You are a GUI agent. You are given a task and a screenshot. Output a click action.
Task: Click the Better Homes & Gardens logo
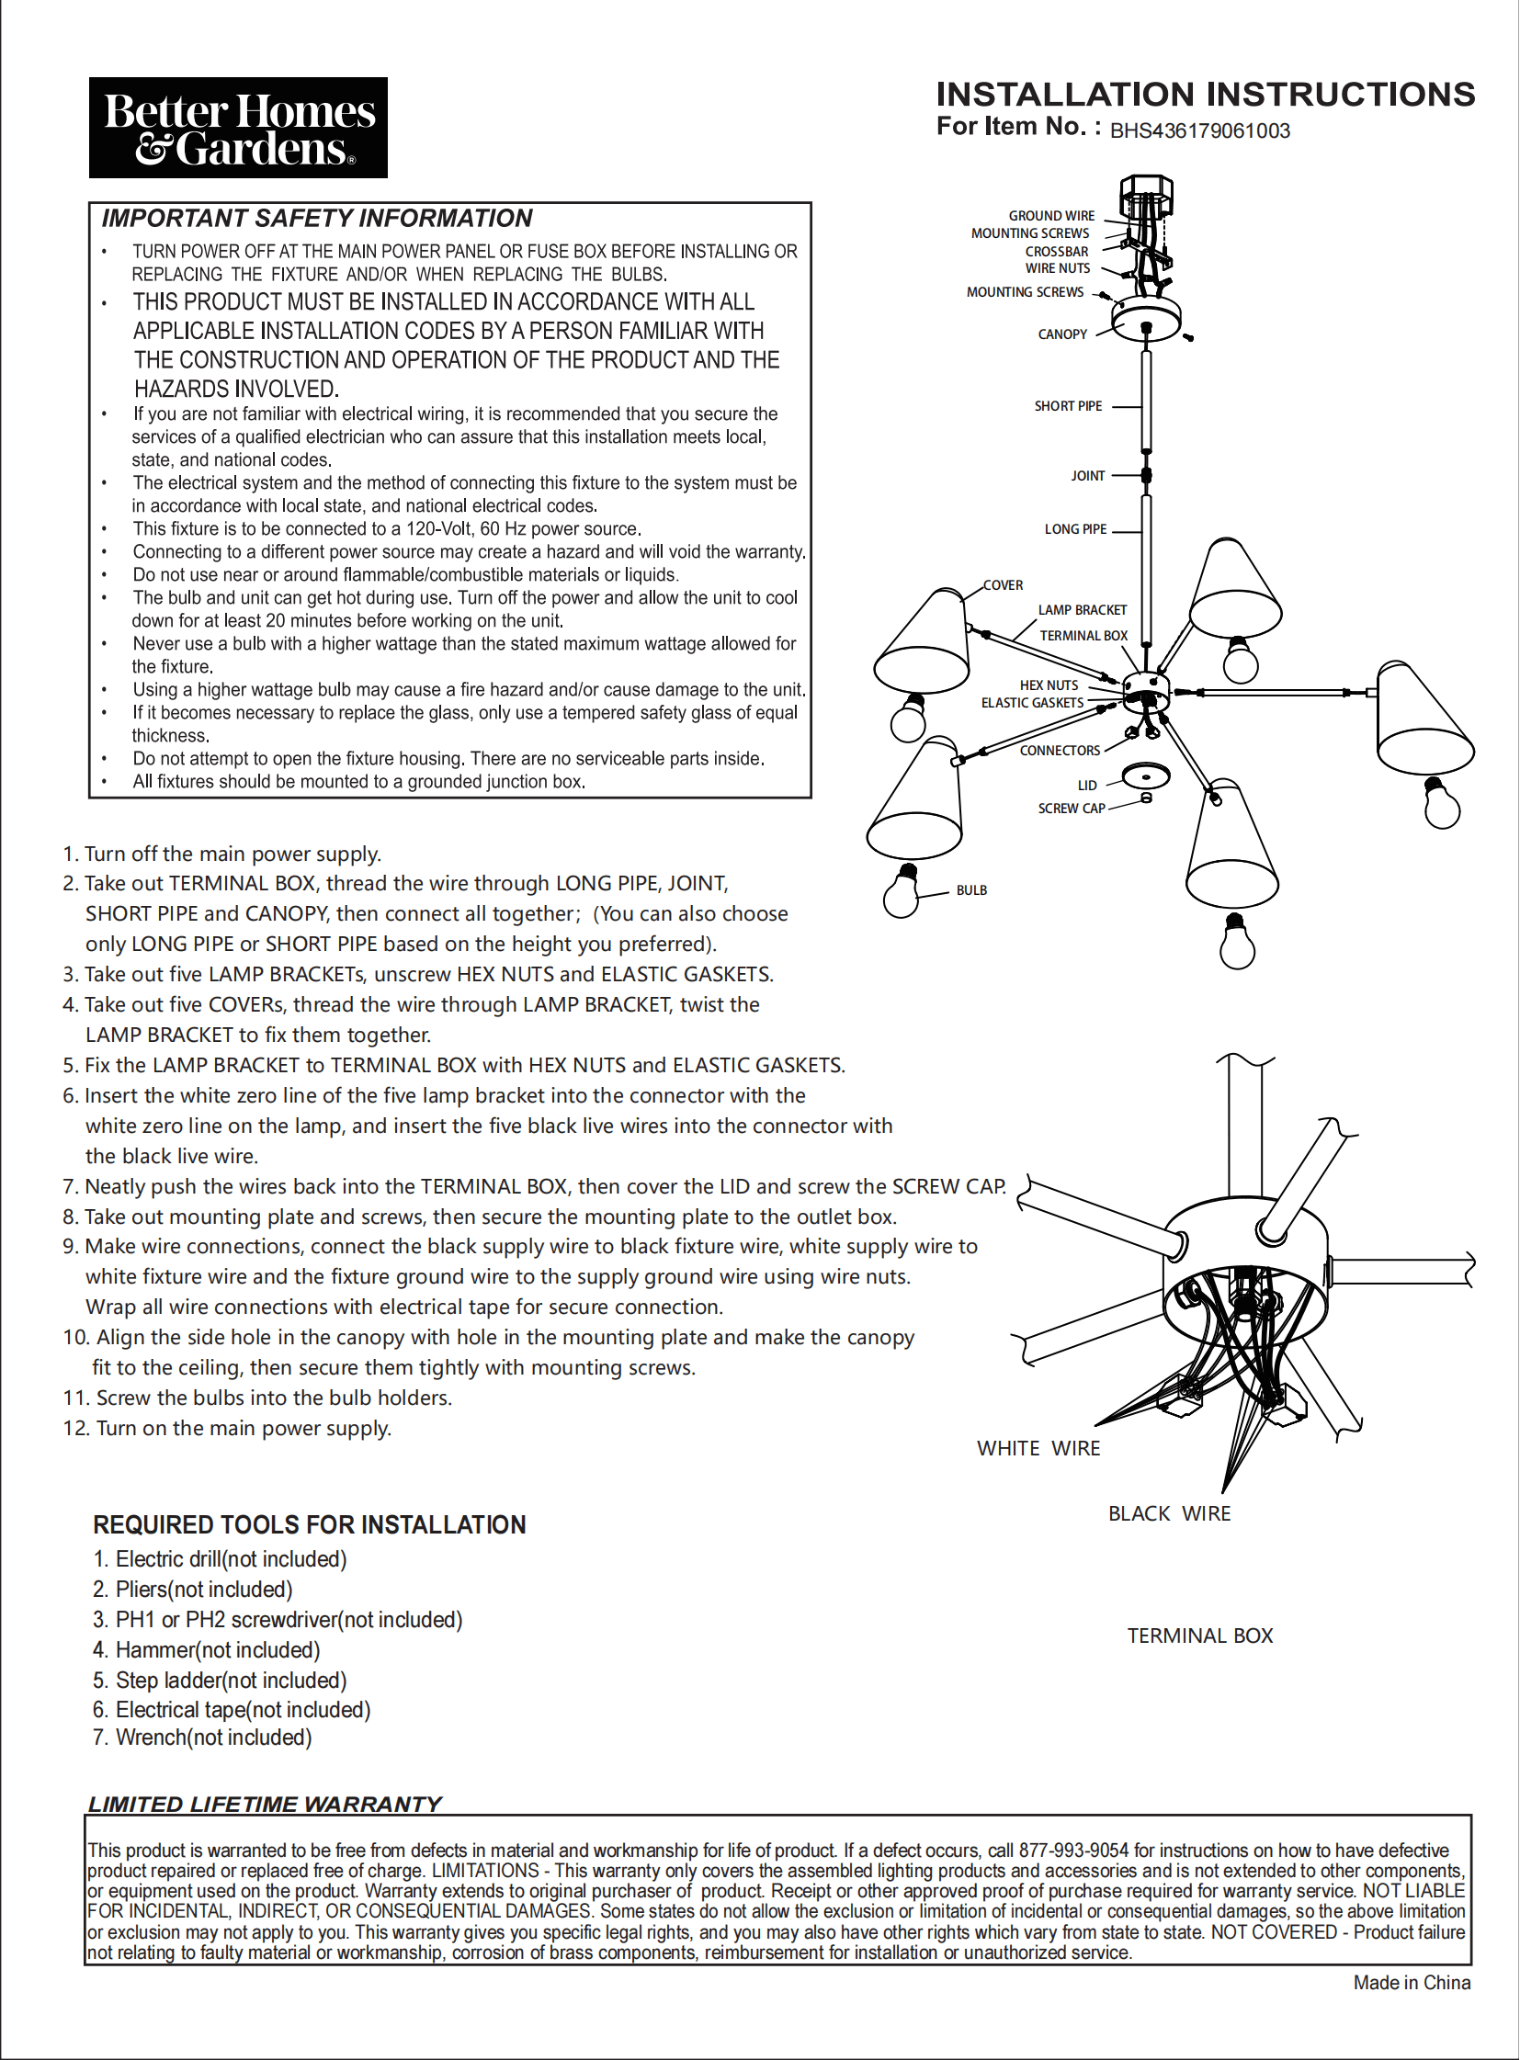coord(237,128)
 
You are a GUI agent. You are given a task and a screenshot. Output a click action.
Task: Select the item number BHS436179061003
coord(1200,130)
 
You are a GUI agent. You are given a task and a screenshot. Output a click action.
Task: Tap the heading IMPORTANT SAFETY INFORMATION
coord(316,218)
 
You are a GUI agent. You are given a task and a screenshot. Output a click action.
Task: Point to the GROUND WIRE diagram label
coord(1051,215)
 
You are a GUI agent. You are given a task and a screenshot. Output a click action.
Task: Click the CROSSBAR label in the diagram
coord(1056,251)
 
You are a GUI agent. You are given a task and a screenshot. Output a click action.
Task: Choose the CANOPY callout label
coord(1061,334)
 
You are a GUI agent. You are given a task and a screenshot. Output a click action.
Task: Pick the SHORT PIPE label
coord(1067,406)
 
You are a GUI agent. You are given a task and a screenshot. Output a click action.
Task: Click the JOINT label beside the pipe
coord(1087,476)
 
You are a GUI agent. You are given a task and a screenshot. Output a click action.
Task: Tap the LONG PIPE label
coord(1074,529)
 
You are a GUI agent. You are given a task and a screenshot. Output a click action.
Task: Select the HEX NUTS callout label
coord(1048,685)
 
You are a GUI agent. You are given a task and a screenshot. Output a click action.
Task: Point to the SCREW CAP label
coord(1071,809)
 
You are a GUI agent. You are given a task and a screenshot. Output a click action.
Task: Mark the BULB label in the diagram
coord(970,890)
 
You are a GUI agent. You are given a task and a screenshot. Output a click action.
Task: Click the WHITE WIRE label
coord(1038,1449)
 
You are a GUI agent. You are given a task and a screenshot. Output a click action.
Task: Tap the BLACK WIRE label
coord(1169,1514)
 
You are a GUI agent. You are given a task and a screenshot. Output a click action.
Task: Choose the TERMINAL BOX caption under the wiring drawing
coord(1200,1636)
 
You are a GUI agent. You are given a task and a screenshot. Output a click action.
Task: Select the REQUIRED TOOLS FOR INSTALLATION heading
coord(309,1525)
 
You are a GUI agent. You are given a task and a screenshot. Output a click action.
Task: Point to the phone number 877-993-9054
coord(1072,1851)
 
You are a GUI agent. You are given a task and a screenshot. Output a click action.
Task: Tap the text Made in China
coord(1412,1983)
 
